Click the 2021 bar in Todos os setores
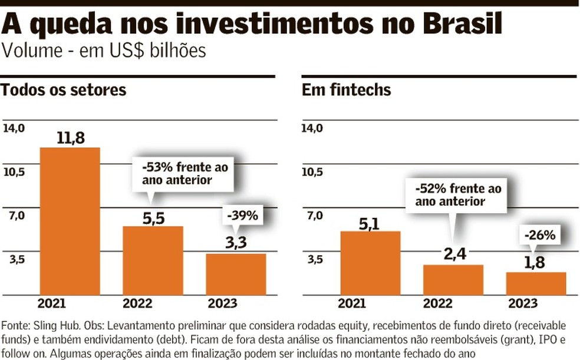(70, 221)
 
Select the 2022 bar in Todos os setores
(153, 260)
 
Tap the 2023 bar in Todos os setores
(236, 274)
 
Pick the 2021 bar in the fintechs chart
(370, 263)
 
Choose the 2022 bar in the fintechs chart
(453, 280)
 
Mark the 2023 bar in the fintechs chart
(536, 283)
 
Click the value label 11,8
(71, 138)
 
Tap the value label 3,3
(236, 244)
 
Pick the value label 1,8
(536, 262)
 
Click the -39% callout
(242, 216)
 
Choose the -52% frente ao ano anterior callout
(458, 195)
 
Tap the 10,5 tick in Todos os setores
(15, 171)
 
